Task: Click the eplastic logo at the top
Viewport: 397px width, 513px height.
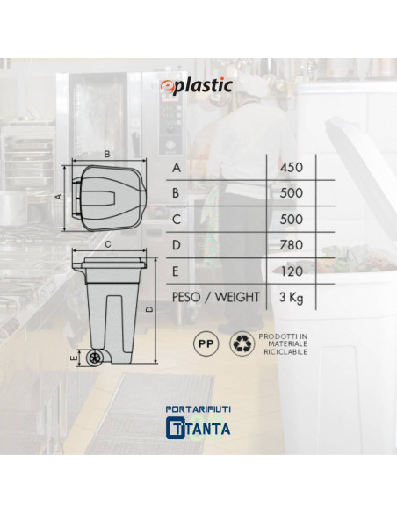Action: [198, 85]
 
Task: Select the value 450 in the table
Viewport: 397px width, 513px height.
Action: [291, 167]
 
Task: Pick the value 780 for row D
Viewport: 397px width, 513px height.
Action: [291, 244]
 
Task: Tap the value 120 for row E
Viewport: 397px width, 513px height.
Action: [291, 271]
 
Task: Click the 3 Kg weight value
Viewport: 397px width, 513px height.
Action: [291, 297]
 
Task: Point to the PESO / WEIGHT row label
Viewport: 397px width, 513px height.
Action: [216, 297]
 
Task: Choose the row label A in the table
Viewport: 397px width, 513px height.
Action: [178, 167]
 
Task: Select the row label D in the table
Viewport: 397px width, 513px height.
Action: [178, 244]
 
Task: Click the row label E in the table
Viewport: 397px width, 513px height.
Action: [178, 271]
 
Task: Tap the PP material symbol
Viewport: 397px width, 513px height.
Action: [204, 343]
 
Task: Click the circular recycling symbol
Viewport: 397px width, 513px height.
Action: [241, 343]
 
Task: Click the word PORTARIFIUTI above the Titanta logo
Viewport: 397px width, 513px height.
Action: [198, 409]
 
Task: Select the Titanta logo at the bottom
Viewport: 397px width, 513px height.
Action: [198, 429]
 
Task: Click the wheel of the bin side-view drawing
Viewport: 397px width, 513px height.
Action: [96, 358]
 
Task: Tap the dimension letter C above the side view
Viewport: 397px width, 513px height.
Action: [105, 246]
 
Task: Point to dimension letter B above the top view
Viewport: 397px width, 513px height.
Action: [106, 154]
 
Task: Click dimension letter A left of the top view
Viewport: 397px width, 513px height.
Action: [59, 198]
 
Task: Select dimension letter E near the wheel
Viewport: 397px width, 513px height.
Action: [75, 358]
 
